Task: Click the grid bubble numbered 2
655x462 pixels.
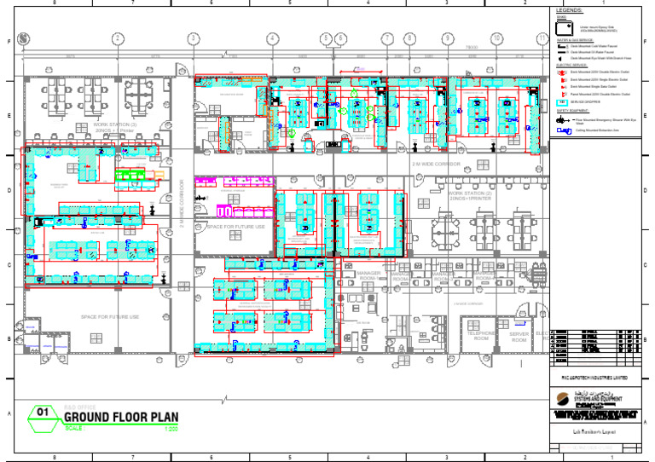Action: tap(117, 38)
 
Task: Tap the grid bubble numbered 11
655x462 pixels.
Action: tap(542, 38)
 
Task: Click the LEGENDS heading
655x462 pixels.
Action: tap(569, 10)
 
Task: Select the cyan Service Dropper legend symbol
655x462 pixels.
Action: tap(561, 101)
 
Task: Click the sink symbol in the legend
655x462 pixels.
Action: tap(561, 27)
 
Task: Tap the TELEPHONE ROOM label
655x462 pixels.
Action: tap(480, 335)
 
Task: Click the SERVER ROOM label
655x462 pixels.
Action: tap(519, 336)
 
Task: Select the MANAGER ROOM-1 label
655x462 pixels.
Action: tap(369, 276)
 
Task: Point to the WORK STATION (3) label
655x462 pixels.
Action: tap(115, 127)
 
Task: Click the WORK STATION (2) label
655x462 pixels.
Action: tap(470, 195)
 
